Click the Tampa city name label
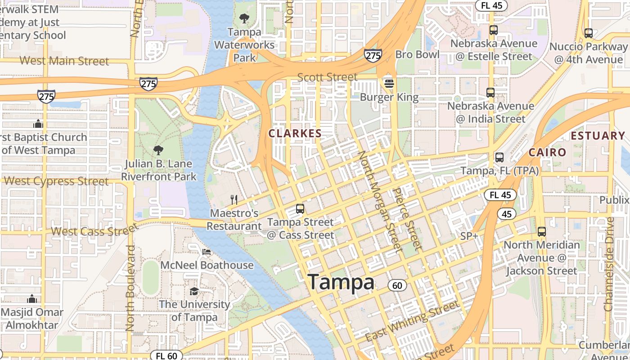point(341,282)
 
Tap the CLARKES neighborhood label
point(295,133)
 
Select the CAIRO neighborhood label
point(547,152)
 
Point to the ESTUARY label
point(598,135)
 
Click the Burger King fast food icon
point(389,83)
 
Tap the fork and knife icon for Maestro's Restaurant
point(234,199)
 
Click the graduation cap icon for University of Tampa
point(194,291)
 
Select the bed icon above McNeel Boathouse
point(207,252)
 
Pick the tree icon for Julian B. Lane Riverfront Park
point(158,150)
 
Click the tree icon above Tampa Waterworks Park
point(244,18)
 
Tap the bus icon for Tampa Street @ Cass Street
point(300,209)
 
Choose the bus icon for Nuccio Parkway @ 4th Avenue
point(588,33)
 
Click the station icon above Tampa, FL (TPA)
point(499,157)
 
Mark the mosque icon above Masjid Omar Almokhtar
point(32,298)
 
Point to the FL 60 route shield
point(166,355)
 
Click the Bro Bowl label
point(417,54)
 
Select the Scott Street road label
point(327,77)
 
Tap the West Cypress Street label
point(56,181)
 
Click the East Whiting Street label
point(412,321)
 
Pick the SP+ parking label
point(469,236)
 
